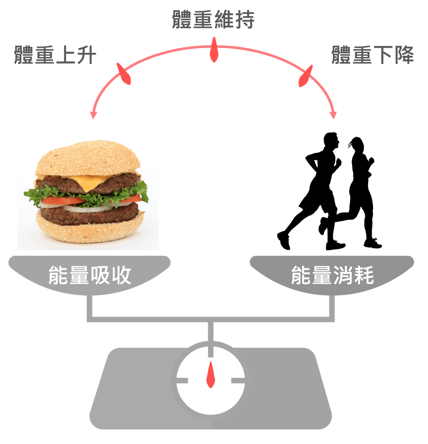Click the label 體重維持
(213, 20)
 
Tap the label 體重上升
(55, 55)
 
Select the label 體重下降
(372, 55)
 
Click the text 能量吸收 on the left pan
(90, 275)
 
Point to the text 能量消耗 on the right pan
(332, 275)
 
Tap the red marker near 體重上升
(123, 74)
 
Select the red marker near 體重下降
(305, 76)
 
